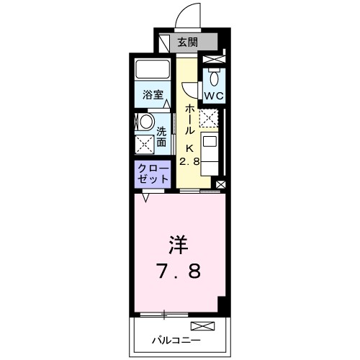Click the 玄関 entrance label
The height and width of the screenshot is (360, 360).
(x=187, y=42)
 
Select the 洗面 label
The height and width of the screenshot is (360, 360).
(x=162, y=137)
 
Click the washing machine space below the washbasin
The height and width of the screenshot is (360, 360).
(x=143, y=143)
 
